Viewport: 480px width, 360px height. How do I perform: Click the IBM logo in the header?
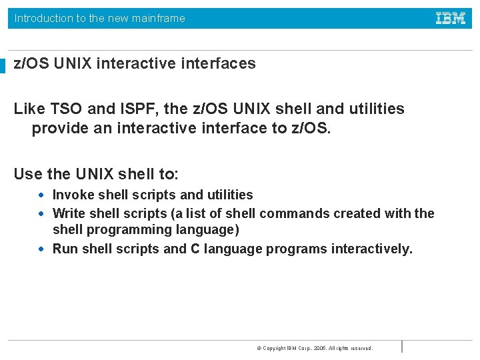451,19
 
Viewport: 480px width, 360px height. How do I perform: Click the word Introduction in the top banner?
44,19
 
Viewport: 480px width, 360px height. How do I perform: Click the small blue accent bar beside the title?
3,65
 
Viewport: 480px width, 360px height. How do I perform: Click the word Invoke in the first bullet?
73,195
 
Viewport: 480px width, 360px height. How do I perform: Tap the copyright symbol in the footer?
259,348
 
